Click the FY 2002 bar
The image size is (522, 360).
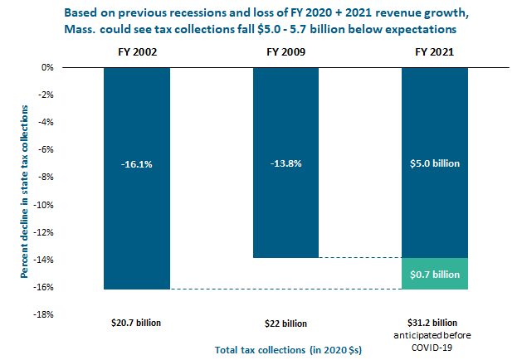coord(137,216)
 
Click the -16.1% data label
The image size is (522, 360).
coord(137,165)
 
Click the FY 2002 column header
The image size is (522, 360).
coord(137,51)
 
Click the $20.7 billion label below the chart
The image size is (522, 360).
coord(137,322)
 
